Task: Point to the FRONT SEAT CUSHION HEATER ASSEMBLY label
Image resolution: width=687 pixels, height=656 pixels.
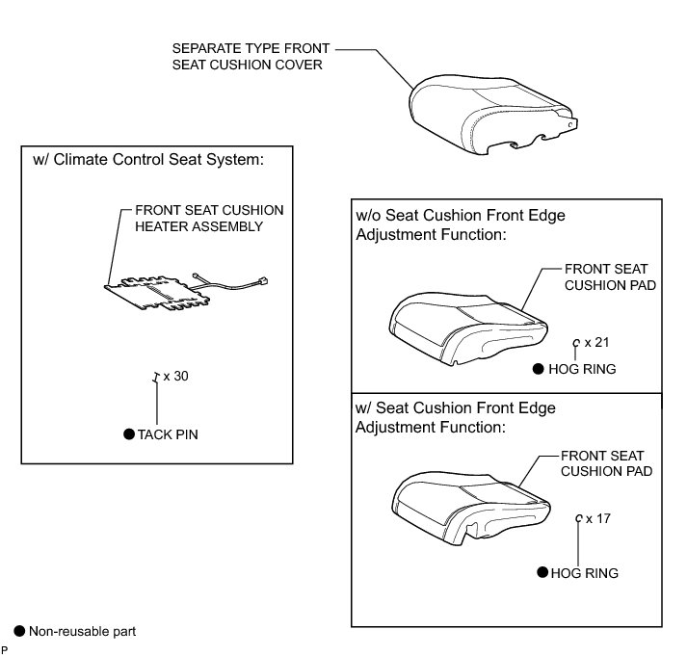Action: click(x=209, y=218)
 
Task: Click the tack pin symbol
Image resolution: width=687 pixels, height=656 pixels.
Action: click(x=154, y=378)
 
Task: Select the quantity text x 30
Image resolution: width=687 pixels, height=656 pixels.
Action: click(x=175, y=377)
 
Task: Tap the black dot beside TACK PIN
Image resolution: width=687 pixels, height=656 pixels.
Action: click(x=128, y=434)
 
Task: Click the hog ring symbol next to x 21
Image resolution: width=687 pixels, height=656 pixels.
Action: click(x=576, y=342)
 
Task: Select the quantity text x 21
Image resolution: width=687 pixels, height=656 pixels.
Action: click(x=597, y=341)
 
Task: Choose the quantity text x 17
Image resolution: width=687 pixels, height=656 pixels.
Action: click(x=598, y=518)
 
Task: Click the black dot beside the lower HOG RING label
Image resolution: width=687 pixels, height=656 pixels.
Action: click(x=542, y=572)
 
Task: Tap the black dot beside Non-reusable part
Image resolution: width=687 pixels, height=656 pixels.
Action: click(x=18, y=631)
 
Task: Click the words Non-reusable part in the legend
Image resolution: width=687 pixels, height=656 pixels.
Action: click(x=82, y=632)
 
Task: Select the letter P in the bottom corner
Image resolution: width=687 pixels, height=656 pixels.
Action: click(x=5, y=650)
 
